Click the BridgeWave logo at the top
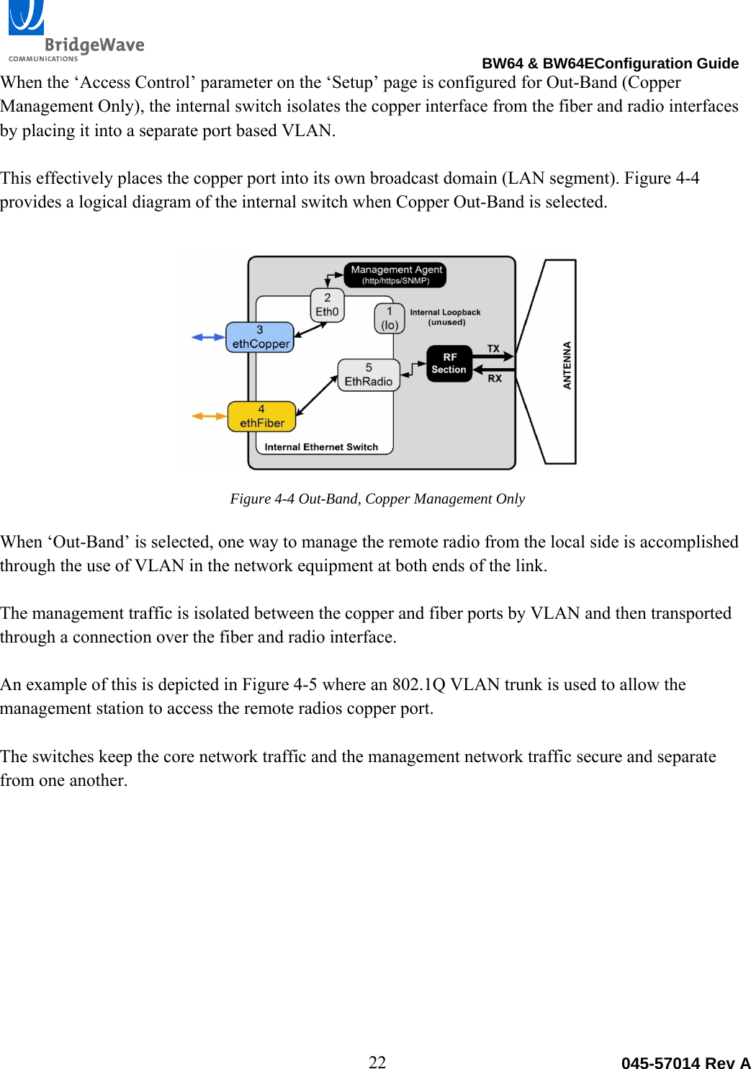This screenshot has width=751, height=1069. [76, 32]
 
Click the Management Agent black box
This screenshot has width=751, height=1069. [395, 274]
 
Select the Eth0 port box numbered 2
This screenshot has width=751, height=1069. [327, 305]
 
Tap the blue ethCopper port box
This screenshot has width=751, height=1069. [260, 337]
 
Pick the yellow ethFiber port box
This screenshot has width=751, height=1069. [261, 416]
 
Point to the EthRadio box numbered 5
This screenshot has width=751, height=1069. [369, 375]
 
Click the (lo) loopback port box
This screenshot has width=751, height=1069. [390, 318]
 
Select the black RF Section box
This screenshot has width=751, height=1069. [449, 363]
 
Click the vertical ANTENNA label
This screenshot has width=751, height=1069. [567, 365]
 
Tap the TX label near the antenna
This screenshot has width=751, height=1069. [493, 349]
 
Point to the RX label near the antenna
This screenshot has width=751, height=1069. [495, 378]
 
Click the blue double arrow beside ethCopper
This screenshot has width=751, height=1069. [208, 337]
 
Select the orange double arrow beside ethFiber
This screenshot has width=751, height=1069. [209, 416]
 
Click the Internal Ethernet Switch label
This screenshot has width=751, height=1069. [321, 447]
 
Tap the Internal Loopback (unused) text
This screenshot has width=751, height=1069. [445, 317]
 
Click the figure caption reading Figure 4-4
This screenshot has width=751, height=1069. [377, 498]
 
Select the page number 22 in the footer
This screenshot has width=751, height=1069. [377, 1061]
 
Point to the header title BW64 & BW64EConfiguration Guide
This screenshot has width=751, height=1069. [610, 63]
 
